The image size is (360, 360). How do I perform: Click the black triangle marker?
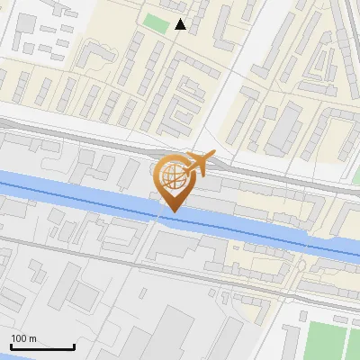tap(181, 24)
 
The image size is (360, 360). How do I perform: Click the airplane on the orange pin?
tap(198, 163)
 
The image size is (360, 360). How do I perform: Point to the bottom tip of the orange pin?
tap(171, 212)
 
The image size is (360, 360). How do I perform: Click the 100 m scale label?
tap(23, 338)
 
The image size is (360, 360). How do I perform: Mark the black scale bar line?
tap(42, 346)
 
